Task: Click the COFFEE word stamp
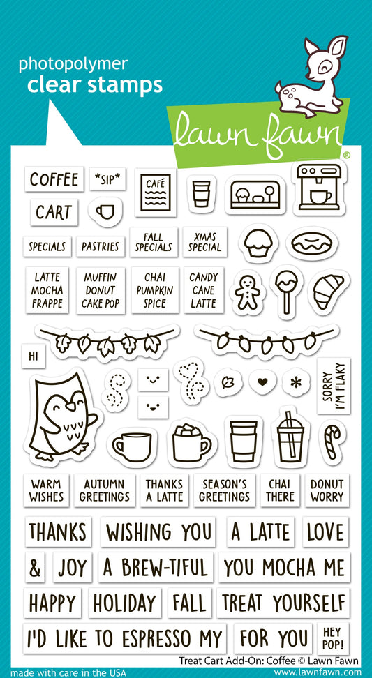point(54,179)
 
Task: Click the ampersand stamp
point(35,568)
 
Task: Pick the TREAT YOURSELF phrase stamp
point(283,602)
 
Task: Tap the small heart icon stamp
point(262,382)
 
